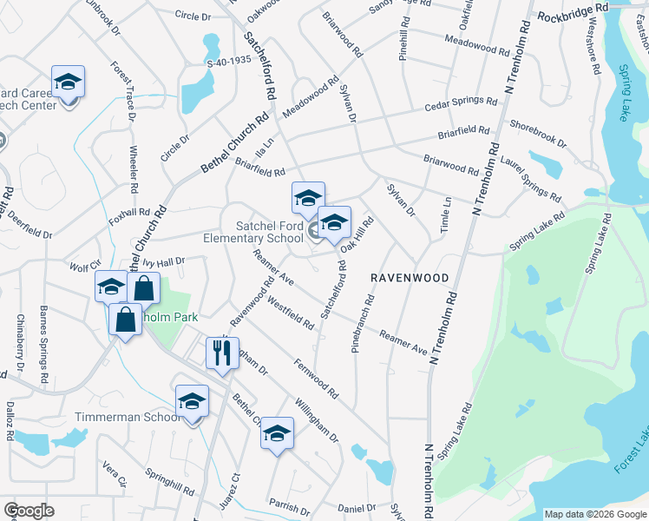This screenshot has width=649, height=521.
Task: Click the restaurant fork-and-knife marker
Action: [x=222, y=353]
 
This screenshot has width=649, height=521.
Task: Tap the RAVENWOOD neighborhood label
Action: [x=410, y=279]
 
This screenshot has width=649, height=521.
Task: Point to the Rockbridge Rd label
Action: [x=575, y=15]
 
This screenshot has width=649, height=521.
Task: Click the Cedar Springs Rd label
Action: [x=460, y=104]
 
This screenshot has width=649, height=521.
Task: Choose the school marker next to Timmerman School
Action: [x=192, y=402]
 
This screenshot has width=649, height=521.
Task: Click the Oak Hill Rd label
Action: [x=357, y=234]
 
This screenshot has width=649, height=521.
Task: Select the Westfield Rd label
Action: [x=290, y=313]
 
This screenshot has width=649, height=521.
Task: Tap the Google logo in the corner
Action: [x=29, y=511]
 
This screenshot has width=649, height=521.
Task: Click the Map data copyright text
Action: [x=595, y=514]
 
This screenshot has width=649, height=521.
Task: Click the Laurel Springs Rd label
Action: [x=530, y=176]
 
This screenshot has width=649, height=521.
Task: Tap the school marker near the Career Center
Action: [x=68, y=84]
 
